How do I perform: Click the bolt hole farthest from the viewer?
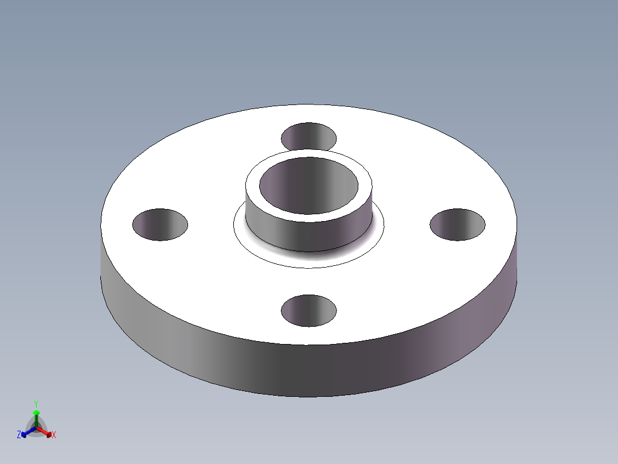tap(308, 137)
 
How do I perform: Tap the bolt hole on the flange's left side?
tap(160, 225)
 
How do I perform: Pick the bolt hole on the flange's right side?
tap(457, 225)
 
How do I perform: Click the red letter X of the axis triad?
tap(54, 435)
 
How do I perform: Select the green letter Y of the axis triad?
tap(36, 404)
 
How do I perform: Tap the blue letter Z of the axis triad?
tap(19, 435)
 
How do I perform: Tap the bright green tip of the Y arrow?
tap(36, 412)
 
